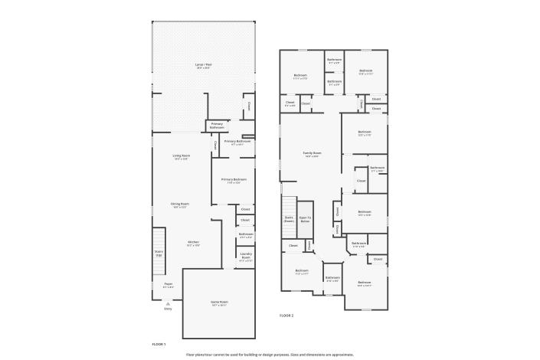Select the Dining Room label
(x=180, y=204)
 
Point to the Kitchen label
(x=194, y=242)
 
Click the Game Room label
(x=220, y=303)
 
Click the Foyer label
(x=168, y=284)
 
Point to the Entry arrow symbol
(x=168, y=303)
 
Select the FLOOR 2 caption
(x=286, y=315)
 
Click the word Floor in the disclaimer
(x=191, y=355)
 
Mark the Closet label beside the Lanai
(x=248, y=107)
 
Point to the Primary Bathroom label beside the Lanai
(x=218, y=125)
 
